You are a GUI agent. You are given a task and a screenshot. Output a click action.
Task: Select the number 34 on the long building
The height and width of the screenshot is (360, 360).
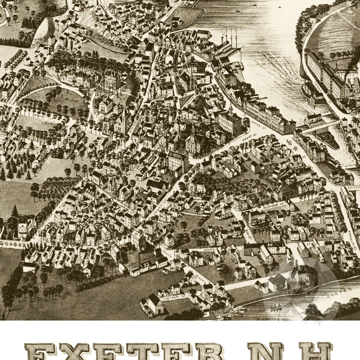(x=270, y=245)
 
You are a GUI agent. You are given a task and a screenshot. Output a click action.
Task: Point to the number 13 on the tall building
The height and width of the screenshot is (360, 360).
(x=136, y=234)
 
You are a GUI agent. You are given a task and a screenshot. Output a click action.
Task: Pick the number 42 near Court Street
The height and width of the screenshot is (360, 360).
(x=173, y=210)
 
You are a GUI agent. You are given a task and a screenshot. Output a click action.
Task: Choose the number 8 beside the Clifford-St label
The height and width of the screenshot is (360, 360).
(x=289, y=201)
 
